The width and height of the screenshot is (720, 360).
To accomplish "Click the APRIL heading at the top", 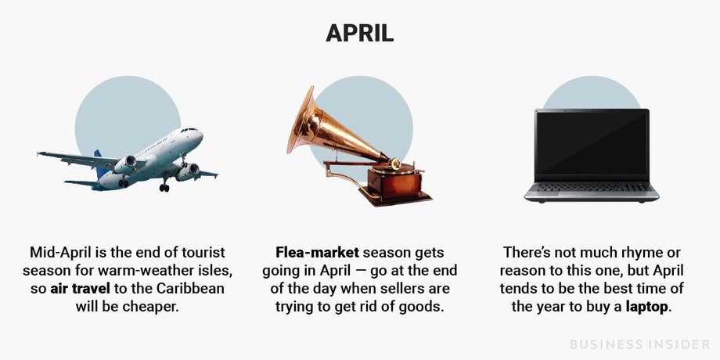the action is pos(359,34).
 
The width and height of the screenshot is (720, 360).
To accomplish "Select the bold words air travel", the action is pos(80,289).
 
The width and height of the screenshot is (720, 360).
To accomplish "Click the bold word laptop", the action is pos(646,307).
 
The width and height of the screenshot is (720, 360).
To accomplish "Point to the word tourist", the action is pos(203,253).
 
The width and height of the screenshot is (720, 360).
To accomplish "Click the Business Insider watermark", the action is pos(639,344).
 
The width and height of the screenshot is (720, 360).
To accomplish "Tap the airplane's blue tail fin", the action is pos(99,164).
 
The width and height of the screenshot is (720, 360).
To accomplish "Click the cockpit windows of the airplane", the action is pos(189,131).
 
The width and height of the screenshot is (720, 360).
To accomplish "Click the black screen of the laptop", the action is pos(592,144).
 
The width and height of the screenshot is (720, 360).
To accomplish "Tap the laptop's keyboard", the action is pos(592,187).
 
